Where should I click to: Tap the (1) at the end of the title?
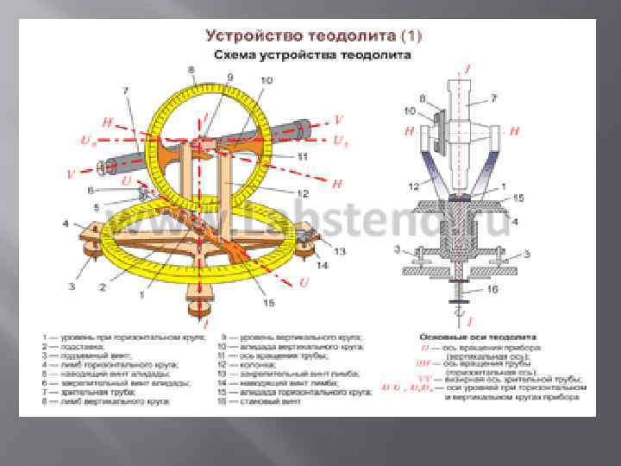pyautogui.click(x=411, y=37)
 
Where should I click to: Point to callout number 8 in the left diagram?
pyautogui.click(x=191, y=69)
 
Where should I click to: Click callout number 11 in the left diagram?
pyautogui.click(x=302, y=156)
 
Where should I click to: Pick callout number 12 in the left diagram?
pyautogui.click(x=302, y=192)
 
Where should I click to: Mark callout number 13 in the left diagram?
pyautogui.click(x=339, y=250)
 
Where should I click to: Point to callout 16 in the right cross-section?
pyautogui.click(x=515, y=292)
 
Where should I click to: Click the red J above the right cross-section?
pyautogui.click(x=467, y=66)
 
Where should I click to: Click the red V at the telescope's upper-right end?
pyautogui.click(x=338, y=118)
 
